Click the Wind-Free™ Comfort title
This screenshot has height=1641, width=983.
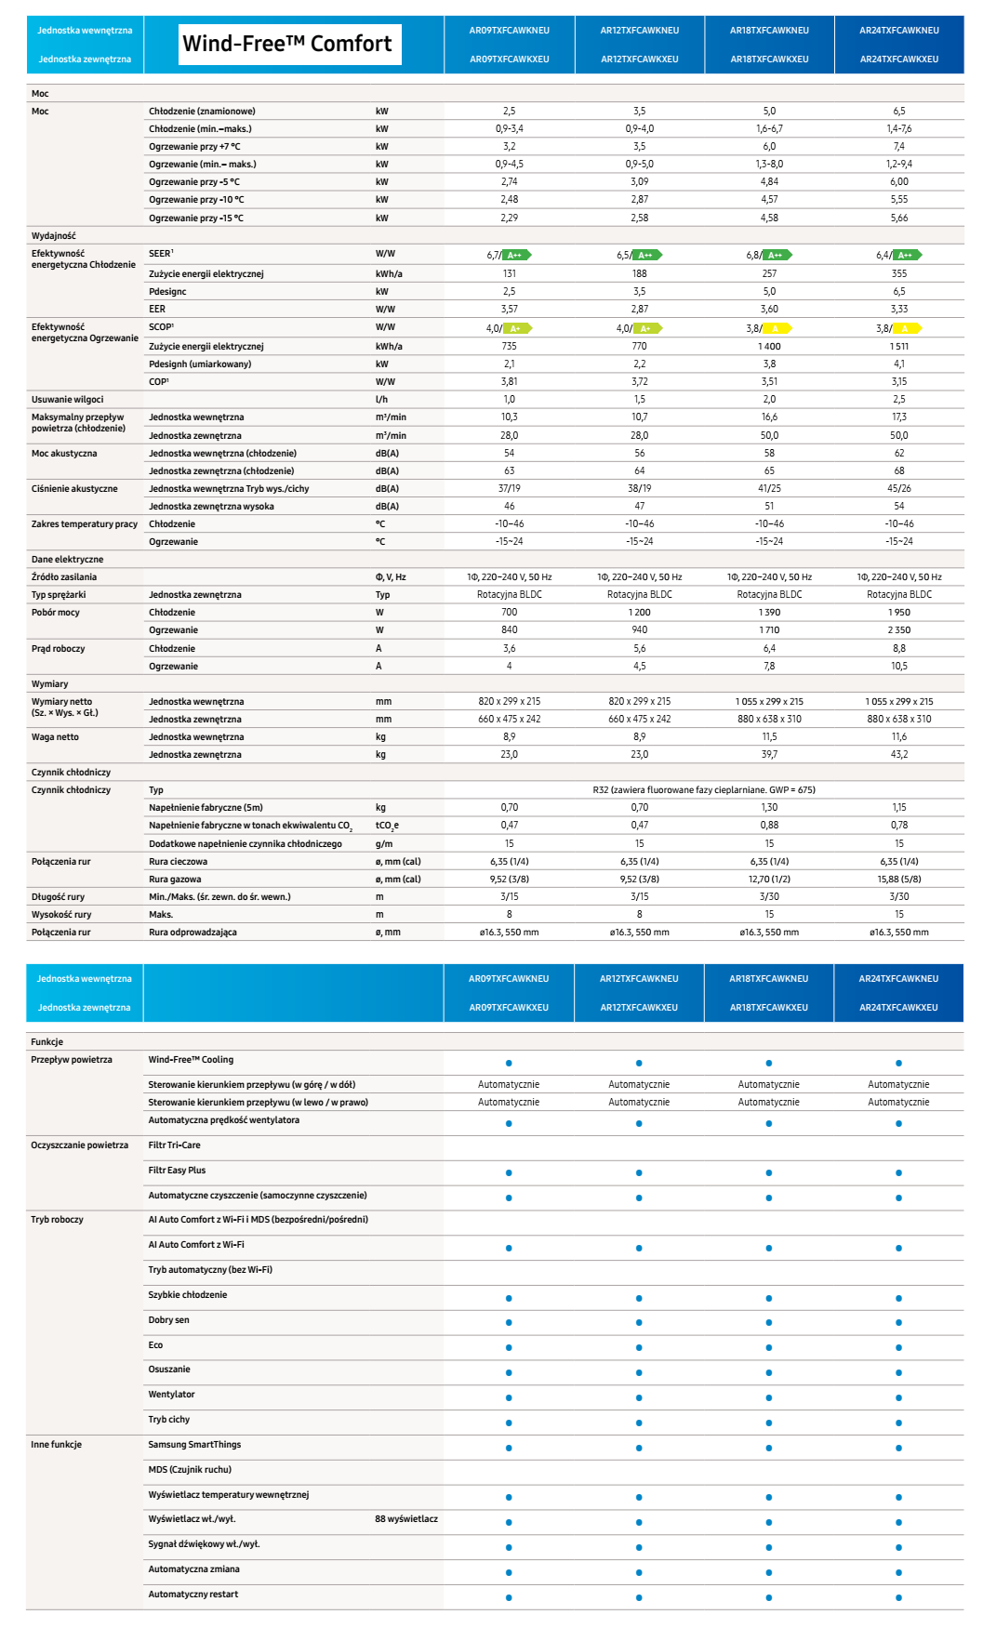coord(287,44)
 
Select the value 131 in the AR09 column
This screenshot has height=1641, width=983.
coord(510,273)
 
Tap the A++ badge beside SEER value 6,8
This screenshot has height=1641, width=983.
coord(777,255)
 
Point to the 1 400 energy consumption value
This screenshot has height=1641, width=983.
coord(769,346)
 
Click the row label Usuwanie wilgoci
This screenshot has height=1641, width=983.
coord(68,400)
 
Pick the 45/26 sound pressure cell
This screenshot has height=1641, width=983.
coord(899,488)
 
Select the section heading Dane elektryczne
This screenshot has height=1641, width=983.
coord(68,560)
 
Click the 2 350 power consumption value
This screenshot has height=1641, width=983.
coord(899,629)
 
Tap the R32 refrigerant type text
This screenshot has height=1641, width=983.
coord(704,789)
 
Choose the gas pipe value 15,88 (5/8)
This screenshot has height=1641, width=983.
coord(899,879)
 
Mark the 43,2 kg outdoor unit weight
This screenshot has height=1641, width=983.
coord(899,754)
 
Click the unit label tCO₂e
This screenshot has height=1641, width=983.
coord(387,826)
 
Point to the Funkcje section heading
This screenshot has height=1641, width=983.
coord(47,1042)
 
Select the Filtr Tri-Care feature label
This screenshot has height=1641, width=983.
coord(175,1145)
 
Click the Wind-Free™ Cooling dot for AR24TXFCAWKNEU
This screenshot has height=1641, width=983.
coord(898,1063)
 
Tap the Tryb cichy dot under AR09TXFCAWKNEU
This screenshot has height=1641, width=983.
coord(509,1423)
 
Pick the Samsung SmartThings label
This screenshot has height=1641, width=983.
coord(194,1445)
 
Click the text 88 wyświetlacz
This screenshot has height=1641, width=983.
coord(406,1519)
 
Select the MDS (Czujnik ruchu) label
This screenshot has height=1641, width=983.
coord(190,1470)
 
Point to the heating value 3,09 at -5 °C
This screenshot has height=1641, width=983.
coord(640,182)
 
